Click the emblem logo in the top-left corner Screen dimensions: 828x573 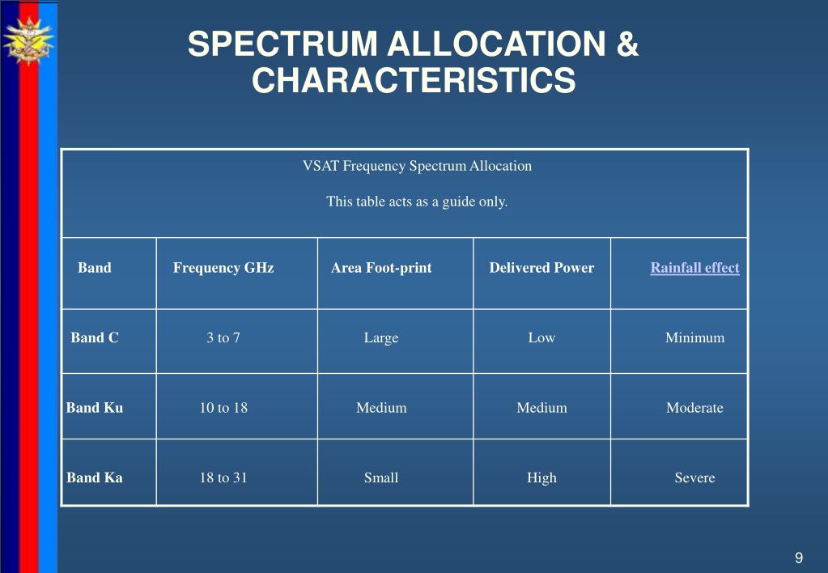pos(28,40)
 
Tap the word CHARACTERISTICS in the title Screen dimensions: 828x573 pos(414,80)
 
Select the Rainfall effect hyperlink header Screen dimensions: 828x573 pos(694,268)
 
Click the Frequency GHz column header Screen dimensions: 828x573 pos(223,268)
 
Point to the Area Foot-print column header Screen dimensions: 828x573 pos(381,268)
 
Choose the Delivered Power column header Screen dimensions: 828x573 pos(541,268)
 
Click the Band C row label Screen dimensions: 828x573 pos(95,337)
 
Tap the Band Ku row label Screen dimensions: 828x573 pos(95,408)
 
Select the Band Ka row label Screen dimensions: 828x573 pos(95,477)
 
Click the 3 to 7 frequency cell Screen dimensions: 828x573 pos(223,337)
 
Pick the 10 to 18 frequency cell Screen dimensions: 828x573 pos(223,408)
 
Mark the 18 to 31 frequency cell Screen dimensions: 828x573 pos(223,477)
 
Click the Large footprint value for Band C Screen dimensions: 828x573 pos(380,338)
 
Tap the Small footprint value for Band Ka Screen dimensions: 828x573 pos(380,477)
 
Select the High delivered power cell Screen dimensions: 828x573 pos(541,478)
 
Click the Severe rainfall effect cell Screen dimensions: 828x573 pos(694,477)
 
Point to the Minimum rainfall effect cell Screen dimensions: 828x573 pos(694,337)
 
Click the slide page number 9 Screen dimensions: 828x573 pos(799,558)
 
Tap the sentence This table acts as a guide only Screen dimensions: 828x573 pos(417,202)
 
